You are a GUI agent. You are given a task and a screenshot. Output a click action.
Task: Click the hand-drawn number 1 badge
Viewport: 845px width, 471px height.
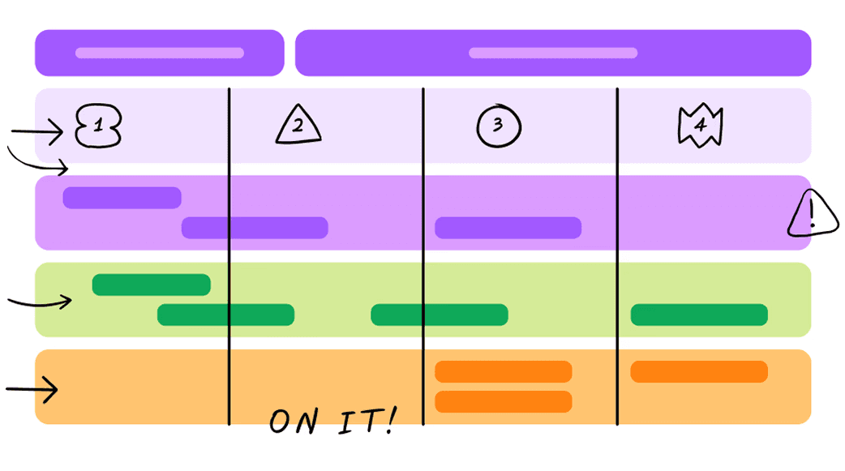coord(97,127)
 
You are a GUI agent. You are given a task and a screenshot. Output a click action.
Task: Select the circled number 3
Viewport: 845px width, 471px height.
coord(498,126)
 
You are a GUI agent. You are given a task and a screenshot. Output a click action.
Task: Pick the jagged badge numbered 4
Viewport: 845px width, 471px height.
coord(700,126)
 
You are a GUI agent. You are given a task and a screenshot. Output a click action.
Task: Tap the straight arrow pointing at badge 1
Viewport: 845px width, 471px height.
coord(38,131)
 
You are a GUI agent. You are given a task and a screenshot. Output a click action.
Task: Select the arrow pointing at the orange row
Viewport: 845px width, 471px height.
coord(32,391)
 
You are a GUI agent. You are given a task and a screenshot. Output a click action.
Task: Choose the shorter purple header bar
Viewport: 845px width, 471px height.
coord(159,54)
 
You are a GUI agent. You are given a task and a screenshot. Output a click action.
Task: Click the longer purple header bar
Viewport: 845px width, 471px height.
coord(553,54)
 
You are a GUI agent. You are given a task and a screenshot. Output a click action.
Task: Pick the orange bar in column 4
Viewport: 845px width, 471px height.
coord(699,371)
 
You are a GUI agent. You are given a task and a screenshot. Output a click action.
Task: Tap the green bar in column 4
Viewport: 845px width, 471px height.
coord(699,315)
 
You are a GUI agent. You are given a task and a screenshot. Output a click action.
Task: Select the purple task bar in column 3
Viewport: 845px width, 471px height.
coord(508,228)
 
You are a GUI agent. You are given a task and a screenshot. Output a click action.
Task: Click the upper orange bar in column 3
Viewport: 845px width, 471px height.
coord(504,371)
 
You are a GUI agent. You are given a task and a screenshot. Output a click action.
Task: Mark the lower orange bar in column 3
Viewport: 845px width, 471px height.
coord(504,401)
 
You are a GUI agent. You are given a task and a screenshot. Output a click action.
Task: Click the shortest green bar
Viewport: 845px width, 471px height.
coord(151,285)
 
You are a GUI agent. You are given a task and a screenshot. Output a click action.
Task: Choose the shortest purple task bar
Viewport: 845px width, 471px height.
coord(122,198)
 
